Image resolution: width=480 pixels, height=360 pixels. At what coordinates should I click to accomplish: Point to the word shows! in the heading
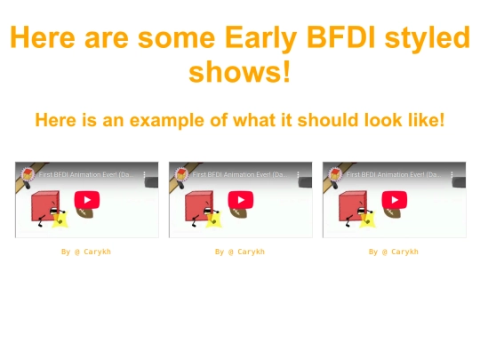(240, 71)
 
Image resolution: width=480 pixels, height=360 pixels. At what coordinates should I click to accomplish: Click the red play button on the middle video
(240, 199)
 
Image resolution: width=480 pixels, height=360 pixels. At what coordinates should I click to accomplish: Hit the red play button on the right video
(394, 199)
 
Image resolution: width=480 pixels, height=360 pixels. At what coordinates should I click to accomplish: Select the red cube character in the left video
(44, 206)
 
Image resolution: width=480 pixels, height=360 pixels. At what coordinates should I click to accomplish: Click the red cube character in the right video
(351, 206)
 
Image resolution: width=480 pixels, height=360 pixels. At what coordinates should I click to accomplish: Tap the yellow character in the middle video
(213, 219)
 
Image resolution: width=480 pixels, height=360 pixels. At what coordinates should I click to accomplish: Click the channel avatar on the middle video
(179, 172)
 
